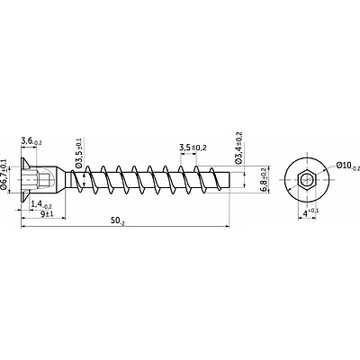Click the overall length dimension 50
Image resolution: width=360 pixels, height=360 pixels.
pos(117,221)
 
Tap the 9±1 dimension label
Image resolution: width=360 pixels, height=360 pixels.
pos(47,214)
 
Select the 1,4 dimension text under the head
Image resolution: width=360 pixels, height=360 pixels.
pos(41,204)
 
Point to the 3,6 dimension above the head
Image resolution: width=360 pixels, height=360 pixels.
pos(31,141)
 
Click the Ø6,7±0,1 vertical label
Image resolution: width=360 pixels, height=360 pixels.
pos(4,175)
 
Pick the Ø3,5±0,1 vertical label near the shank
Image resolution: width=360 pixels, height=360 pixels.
pos(79,153)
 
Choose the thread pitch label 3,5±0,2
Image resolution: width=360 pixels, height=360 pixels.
pos(193,148)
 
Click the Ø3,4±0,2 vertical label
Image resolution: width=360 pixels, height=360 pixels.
pos(238,148)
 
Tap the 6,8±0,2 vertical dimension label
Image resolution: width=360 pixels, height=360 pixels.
pos(264,180)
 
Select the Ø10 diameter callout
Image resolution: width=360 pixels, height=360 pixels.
pos(348,166)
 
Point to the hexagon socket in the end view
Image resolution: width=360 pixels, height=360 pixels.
pos(307,180)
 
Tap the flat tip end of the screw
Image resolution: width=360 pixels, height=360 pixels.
pos(229,180)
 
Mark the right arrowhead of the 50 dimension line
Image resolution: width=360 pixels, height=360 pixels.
pos(228,226)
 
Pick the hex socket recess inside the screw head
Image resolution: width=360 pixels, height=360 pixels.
pos(40,179)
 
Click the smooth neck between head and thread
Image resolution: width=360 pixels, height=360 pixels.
pos(68,180)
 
